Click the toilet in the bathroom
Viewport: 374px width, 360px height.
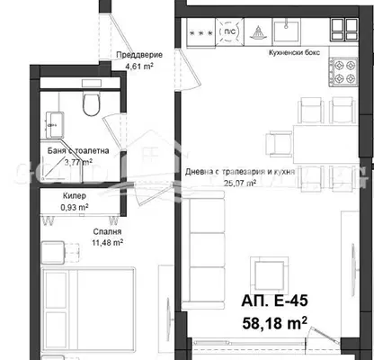tap(91, 103)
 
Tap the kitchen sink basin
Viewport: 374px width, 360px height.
tap(287, 31)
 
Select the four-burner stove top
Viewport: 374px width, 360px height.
tap(344, 72)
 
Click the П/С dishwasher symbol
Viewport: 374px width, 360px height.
tap(229, 31)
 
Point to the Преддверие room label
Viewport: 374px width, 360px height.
tap(139, 55)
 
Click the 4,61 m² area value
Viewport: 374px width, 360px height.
tap(139, 66)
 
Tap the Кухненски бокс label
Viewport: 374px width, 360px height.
tap(295, 52)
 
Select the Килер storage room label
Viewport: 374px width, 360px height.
tap(75, 196)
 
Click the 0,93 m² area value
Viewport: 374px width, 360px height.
tap(75, 207)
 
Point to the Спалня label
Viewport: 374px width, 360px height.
tap(107, 231)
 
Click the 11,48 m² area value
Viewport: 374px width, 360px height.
tap(107, 242)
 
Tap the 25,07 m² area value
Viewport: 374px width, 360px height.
tap(240, 183)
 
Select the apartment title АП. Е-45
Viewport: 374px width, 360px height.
tap(274, 301)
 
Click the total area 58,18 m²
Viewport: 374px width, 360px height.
tap(274, 323)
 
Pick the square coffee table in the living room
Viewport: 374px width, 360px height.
tap(270, 274)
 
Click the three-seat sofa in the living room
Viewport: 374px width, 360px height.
tap(203, 250)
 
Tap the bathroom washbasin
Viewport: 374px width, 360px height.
tap(54, 124)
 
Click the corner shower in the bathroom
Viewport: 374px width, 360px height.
tap(61, 161)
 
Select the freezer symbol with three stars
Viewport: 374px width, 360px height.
tap(201, 32)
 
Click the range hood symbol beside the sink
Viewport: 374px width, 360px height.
tap(258, 32)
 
